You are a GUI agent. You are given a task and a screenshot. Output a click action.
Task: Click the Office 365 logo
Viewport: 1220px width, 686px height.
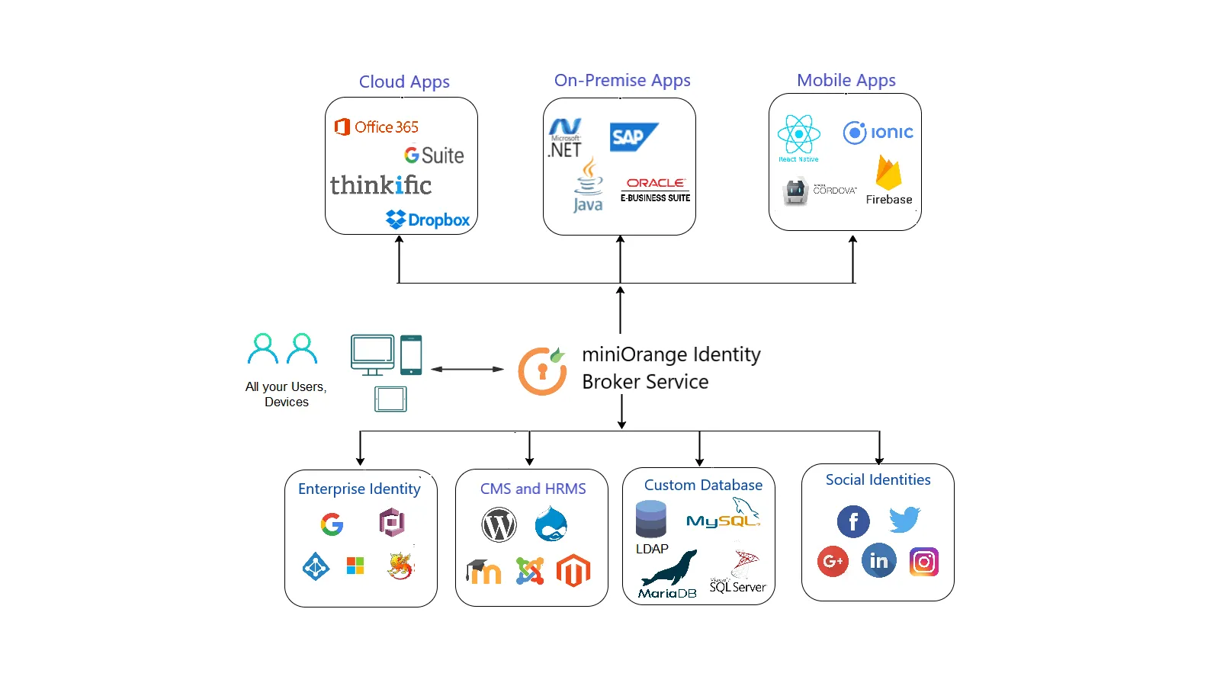coord(377,127)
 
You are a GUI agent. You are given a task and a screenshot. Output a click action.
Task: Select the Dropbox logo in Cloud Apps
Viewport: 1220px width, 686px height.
coord(428,220)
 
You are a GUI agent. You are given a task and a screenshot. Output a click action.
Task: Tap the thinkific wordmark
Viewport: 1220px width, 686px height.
coord(380,185)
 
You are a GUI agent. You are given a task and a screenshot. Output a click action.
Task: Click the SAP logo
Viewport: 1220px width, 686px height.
coord(633,137)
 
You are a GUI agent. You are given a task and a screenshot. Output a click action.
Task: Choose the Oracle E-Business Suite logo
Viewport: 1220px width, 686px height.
coord(655,190)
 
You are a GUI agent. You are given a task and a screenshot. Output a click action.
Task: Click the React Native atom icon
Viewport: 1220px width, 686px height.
coord(798,135)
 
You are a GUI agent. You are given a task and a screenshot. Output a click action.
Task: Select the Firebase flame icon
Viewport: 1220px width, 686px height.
coord(888,173)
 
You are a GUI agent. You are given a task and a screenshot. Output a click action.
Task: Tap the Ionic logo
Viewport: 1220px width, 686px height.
coord(878,133)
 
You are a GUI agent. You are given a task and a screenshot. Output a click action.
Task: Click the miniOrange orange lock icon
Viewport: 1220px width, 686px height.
coord(542,371)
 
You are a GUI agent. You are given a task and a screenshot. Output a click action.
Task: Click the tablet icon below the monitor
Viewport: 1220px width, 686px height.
coord(390,399)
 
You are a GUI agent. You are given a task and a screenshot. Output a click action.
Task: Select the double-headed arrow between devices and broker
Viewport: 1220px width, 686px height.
coord(467,369)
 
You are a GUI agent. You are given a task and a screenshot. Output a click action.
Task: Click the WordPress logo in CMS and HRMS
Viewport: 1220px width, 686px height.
coord(499,525)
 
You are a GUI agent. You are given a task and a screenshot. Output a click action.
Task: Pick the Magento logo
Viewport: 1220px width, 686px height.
coord(573,571)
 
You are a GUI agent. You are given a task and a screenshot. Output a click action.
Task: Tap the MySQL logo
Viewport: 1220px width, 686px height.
coord(723,517)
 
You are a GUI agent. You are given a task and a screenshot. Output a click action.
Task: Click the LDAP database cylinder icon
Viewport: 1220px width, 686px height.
coord(650,519)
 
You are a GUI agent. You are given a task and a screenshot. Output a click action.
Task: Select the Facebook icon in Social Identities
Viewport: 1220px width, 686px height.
coord(853,521)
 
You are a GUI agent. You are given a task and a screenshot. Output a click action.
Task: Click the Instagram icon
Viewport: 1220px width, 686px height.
coord(923,562)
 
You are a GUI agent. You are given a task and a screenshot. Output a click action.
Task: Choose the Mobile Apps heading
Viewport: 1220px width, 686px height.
coord(846,80)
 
